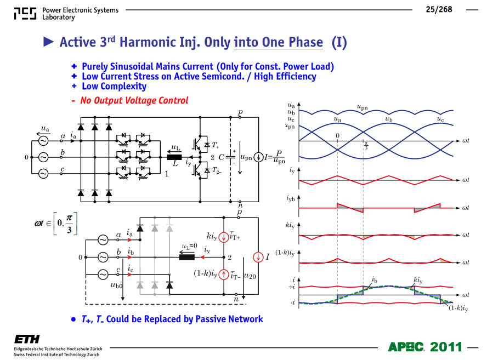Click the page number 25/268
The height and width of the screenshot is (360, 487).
pos(439,9)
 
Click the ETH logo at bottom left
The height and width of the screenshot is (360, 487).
pos(27,339)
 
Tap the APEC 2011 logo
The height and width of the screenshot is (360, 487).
pos(425,347)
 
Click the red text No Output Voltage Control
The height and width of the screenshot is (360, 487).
pos(134,101)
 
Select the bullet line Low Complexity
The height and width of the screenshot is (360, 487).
pos(114,86)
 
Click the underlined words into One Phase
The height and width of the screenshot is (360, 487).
pos(278,42)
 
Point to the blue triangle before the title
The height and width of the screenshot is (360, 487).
pos(48,42)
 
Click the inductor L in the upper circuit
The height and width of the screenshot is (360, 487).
pos(174,157)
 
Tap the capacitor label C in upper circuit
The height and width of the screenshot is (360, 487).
pos(221,157)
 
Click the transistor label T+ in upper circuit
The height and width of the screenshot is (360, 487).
pos(216,145)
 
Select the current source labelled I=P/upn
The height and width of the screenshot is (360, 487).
pos(258,157)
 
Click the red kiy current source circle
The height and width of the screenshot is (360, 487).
pos(224,237)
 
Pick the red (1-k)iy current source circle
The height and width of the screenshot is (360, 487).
pos(224,275)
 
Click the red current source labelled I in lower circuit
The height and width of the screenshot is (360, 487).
pos(258,257)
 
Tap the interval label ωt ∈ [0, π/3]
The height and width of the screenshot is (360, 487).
pos(56,224)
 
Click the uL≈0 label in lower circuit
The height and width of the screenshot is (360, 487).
pos(189,247)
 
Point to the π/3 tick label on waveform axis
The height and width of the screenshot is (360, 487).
pos(366,146)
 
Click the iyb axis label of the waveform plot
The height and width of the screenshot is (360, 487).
pos(291,198)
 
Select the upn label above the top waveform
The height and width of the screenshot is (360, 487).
pos(362,107)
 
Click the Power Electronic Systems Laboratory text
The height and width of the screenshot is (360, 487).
pos(81,13)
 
